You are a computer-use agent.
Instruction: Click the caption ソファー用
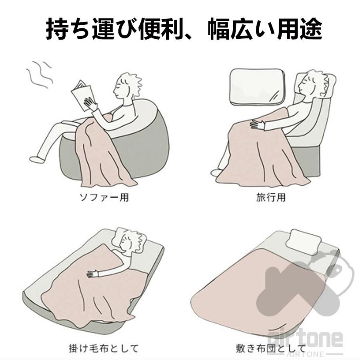104,197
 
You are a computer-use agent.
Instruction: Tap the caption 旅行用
271,197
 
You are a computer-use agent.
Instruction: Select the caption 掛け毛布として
104,348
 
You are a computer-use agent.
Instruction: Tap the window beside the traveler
257,87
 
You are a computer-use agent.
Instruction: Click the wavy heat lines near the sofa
39,74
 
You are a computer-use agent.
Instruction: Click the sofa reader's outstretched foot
37,159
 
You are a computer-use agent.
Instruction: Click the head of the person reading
126,86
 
